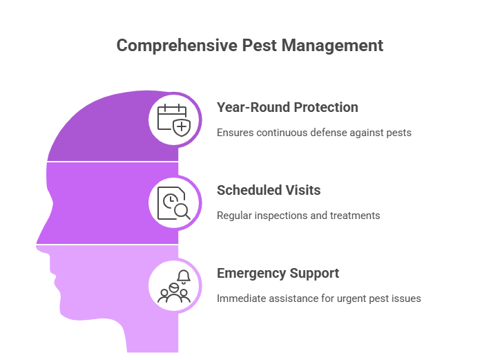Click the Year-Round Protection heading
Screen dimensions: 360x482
click(287, 108)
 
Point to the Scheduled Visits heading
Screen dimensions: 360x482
click(269, 190)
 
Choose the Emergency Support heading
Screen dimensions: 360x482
click(278, 274)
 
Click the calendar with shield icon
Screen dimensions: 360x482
click(175, 119)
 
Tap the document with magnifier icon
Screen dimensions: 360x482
click(175, 202)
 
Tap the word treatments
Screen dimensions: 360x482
click(355, 216)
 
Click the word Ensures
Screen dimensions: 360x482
click(235, 132)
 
